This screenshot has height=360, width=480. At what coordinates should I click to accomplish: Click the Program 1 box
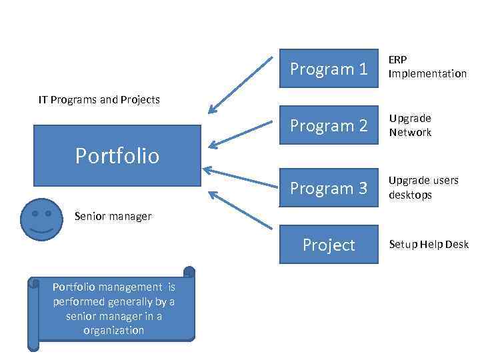329,69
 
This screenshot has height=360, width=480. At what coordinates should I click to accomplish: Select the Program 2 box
329,125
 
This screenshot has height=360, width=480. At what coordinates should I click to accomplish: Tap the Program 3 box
329,189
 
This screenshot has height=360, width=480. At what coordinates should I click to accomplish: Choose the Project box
329,245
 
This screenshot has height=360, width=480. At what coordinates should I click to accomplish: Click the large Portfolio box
117,155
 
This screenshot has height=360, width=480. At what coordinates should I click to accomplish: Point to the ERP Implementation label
427,67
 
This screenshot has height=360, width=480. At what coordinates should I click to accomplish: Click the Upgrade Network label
411,125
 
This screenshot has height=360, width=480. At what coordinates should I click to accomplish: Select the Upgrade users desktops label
423,188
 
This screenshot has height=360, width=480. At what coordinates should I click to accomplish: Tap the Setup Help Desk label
429,245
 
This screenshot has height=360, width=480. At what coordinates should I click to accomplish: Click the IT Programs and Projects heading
99,100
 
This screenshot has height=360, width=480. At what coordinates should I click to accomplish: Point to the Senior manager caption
113,216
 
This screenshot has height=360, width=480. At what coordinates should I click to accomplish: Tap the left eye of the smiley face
34,213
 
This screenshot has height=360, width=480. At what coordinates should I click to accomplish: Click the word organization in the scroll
113,331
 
